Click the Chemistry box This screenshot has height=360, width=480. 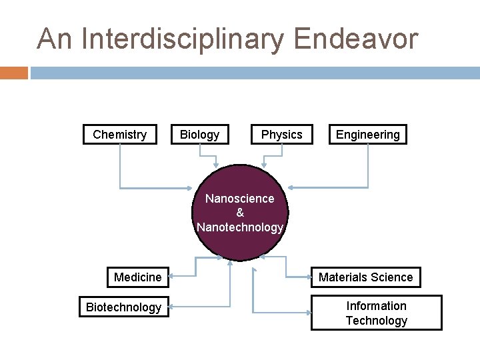tap(119, 135)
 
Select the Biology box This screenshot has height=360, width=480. tap(199, 135)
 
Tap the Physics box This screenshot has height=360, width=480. tap(281, 135)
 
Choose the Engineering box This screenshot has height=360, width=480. tap(367, 135)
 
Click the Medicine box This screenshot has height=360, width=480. tap(137, 277)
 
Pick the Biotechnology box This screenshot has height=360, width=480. tap(123, 307)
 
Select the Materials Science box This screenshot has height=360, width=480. tap(365, 277)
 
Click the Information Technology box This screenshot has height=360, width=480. tap(376, 313)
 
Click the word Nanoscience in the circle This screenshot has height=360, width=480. tap(240, 199)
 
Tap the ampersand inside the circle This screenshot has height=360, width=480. tap(240, 213)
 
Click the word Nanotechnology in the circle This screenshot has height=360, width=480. tap(240, 227)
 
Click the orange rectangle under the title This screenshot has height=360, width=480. tap(13, 73)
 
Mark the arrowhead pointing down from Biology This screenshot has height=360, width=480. tap(215, 164)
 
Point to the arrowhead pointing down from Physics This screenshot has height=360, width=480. tap(265, 164)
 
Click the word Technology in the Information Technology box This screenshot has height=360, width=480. tap(376, 321)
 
